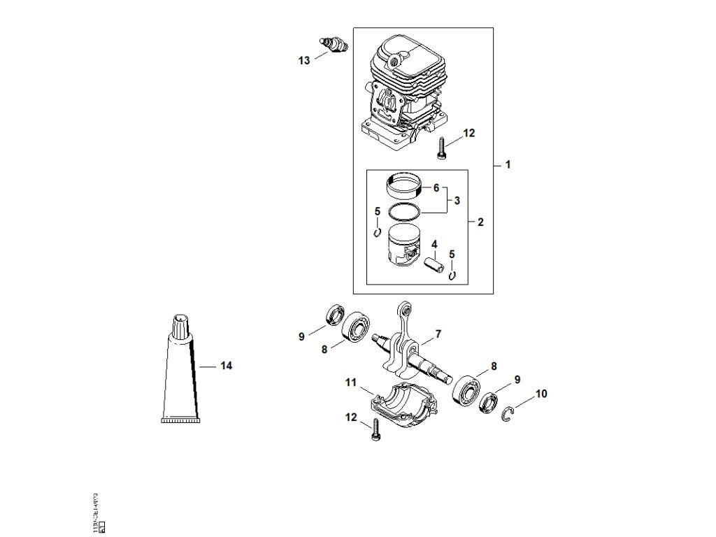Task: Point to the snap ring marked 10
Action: tap(511, 413)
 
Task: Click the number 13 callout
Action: tap(303, 61)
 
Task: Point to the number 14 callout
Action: tap(226, 366)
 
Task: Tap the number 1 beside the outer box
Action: tap(508, 165)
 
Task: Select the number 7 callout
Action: tap(438, 334)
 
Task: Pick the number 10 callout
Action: tap(541, 394)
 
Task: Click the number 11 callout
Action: tap(350, 382)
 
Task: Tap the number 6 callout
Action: tap(436, 188)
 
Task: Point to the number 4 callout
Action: tap(434, 244)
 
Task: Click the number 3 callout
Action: tap(457, 201)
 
